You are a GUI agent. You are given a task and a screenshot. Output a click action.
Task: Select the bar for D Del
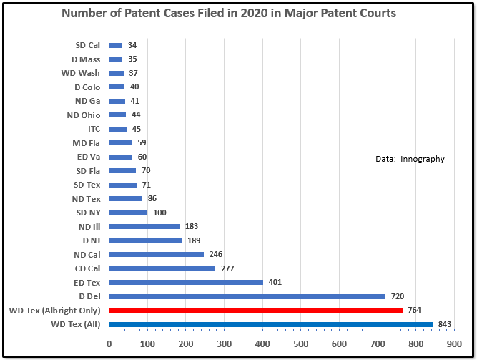(247, 296)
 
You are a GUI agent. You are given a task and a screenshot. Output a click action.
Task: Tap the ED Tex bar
(186, 282)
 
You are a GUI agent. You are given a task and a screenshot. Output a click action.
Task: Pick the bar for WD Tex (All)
(270, 324)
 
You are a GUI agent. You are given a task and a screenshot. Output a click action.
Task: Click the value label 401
(275, 282)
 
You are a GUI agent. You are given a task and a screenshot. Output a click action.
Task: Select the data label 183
(192, 227)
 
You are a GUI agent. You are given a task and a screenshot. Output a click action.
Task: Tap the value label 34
(132, 45)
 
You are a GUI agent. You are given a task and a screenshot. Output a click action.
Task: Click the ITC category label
(94, 129)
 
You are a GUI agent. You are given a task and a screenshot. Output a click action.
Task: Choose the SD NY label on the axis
(88, 213)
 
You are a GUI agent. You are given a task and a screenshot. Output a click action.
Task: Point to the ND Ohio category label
(84, 115)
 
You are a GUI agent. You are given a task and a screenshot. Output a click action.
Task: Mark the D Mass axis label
(86, 59)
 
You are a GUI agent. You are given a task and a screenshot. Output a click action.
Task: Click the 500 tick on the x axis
(300, 344)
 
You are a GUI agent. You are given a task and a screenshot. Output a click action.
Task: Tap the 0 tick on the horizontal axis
(109, 344)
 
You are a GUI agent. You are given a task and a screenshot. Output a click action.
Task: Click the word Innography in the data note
(423, 159)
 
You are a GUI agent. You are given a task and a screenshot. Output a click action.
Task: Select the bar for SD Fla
(122, 170)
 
